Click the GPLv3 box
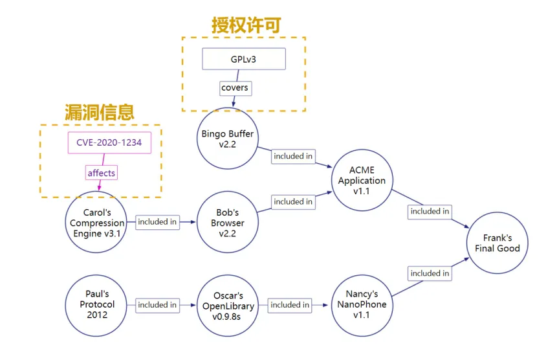243,60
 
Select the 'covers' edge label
234,87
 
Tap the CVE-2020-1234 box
109,142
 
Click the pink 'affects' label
102,173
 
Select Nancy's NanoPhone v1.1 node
362,304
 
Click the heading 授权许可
246,25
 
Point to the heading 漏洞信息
99,111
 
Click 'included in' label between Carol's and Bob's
157,221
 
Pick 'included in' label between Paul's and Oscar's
157,305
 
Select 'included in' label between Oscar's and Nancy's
290,305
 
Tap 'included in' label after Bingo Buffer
293,156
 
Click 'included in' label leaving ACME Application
430,211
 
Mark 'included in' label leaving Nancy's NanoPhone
430,273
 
